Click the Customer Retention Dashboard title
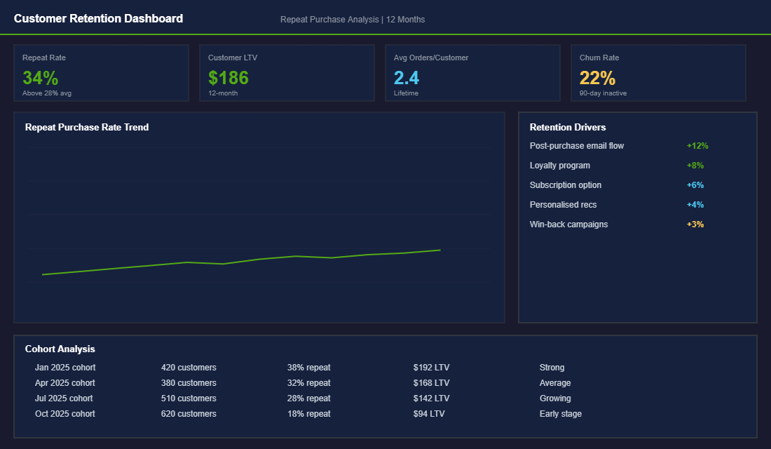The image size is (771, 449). (98, 19)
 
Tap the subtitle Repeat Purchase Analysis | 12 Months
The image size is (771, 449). (352, 20)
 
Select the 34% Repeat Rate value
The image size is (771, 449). (40, 77)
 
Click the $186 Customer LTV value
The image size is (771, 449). (228, 77)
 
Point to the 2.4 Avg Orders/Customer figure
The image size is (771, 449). (407, 77)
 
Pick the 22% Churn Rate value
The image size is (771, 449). (597, 77)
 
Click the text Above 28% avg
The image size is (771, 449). (47, 93)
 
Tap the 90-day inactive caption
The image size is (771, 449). (603, 93)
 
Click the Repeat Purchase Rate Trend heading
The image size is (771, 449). (87, 127)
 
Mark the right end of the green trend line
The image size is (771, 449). (439, 250)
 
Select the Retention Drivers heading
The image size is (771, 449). (568, 127)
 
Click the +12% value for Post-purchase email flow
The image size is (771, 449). (697, 146)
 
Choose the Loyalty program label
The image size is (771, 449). (560, 166)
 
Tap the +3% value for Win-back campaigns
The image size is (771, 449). (695, 224)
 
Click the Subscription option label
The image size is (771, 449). (566, 185)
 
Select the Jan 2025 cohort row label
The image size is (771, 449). (65, 368)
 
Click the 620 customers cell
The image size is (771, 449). (189, 414)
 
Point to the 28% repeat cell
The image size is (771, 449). (308, 398)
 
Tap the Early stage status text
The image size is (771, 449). (560, 414)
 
